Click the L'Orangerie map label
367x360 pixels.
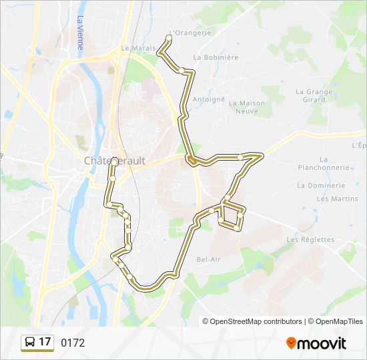(190, 33)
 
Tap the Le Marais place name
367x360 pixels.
(138, 48)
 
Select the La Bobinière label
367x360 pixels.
(216, 57)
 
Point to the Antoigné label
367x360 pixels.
(209, 99)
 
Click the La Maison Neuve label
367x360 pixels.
(247, 107)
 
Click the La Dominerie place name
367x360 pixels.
(321, 185)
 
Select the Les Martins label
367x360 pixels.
(337, 199)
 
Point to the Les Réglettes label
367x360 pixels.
(310, 239)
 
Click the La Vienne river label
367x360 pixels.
(80, 33)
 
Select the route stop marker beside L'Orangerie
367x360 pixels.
(168, 38)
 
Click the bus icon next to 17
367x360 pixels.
(30, 343)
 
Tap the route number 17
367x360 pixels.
(45, 342)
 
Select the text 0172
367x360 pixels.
(73, 343)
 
